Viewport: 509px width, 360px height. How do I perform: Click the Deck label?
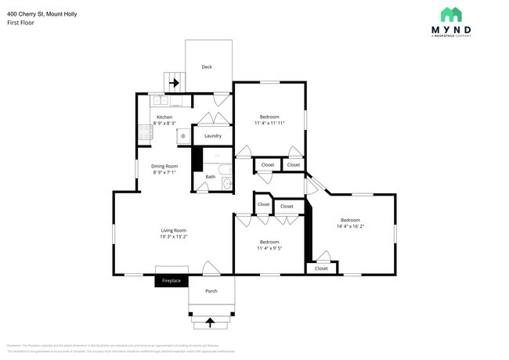[207, 67]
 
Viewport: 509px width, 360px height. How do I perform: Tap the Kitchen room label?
[164, 117]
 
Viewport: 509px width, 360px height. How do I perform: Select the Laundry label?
[212, 136]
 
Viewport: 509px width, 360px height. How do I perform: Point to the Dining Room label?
[164, 166]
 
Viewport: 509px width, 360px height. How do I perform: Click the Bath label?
[210, 177]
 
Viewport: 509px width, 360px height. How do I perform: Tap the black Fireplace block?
[171, 281]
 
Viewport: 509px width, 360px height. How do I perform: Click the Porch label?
[211, 291]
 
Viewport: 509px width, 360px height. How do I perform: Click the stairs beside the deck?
[173, 81]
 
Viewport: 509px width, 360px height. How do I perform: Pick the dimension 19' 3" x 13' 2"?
[173, 236]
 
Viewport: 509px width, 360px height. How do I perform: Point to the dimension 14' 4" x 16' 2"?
[350, 226]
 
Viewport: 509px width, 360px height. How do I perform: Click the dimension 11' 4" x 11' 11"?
[269, 123]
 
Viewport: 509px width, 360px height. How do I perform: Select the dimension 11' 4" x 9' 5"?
[269, 248]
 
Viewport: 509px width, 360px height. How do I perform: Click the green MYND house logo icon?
[450, 14]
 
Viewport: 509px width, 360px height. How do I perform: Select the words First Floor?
[20, 23]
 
